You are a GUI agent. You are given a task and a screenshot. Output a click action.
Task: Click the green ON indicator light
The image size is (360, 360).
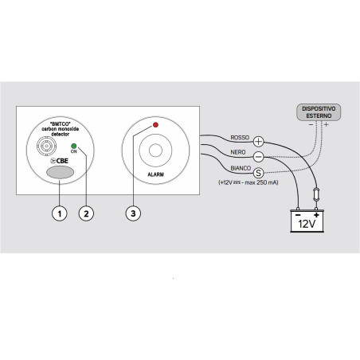[74, 146]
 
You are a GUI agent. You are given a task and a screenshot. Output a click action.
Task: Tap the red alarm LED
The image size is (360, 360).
[155, 125]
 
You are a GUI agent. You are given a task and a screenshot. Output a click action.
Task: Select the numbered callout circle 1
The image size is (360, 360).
[60, 213]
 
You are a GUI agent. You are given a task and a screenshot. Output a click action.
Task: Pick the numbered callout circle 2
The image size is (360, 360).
[86, 213]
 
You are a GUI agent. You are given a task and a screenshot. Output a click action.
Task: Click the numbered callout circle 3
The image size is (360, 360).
[133, 213]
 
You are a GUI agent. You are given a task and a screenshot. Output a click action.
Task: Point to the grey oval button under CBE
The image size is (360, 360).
[60, 172]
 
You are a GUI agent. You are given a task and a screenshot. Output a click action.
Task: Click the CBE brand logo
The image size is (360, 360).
[59, 161]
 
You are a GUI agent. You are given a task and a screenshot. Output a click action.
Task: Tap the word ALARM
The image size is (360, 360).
[155, 174]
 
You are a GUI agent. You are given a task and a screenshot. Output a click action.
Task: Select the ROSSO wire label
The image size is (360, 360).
[240, 138]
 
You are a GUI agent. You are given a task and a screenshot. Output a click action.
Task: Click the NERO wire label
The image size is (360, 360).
[238, 152]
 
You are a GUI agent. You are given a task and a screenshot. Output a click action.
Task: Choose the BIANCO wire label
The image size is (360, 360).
[241, 168]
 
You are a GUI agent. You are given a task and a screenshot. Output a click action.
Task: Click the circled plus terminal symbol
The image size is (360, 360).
[258, 141]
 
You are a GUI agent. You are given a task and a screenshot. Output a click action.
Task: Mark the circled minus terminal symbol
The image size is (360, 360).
[258, 157]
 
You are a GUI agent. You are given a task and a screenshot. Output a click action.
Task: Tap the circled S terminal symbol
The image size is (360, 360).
[258, 173]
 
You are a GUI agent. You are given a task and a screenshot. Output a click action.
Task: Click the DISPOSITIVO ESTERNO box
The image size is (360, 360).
[319, 112]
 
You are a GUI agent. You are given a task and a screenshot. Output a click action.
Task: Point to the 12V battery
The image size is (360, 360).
[307, 221]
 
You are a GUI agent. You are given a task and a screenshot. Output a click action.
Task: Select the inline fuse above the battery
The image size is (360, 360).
[316, 194]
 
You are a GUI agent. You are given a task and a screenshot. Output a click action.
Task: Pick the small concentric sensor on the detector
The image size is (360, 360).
[46, 146]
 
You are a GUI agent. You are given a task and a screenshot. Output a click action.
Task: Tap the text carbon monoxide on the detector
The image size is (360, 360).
[61, 129]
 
